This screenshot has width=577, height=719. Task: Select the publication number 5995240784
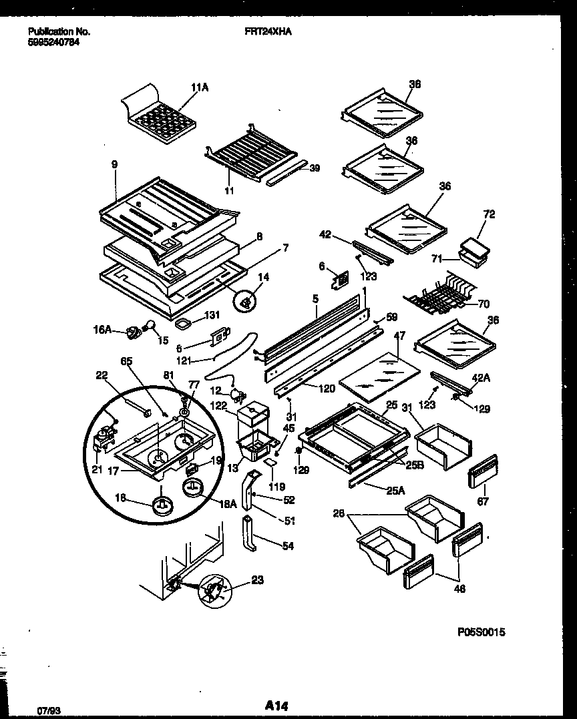pos(59,41)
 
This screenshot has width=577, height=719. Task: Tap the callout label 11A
pos(199,87)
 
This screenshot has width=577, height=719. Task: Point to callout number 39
pos(315,168)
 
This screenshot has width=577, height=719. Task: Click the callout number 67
pos(483,501)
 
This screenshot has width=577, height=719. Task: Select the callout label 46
pos(459,588)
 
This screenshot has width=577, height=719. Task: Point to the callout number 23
pos(258,580)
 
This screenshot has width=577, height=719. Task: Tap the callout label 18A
pos(229,505)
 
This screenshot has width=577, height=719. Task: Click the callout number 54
pos(287,546)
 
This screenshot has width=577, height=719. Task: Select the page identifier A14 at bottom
pos(276,705)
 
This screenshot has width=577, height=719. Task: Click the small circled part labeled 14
pos(246,302)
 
